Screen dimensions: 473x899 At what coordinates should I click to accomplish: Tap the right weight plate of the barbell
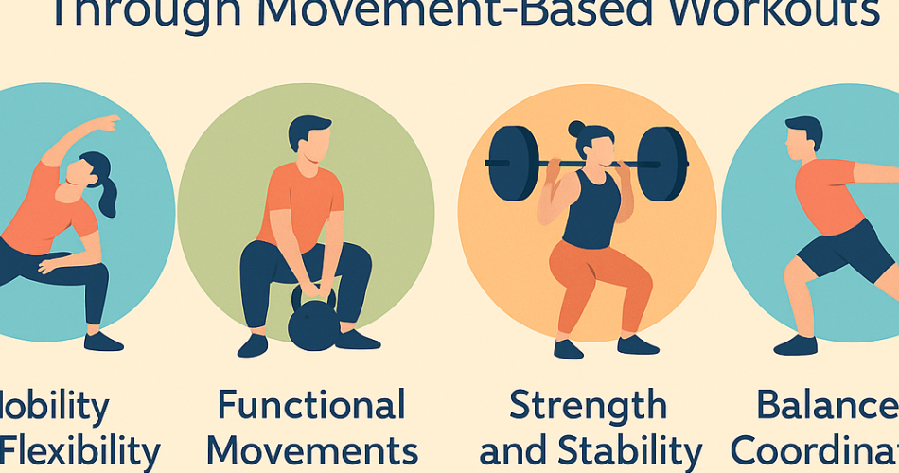pos(661,163)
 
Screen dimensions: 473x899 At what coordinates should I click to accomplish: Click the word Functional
pos(311,406)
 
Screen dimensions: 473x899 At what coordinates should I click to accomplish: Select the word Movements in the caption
pos(310,450)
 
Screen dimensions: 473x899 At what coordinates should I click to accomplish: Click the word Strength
pos(588,406)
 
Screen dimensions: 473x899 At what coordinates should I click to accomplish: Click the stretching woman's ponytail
pos(107,194)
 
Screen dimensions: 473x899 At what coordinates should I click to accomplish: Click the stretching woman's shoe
pos(103,342)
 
